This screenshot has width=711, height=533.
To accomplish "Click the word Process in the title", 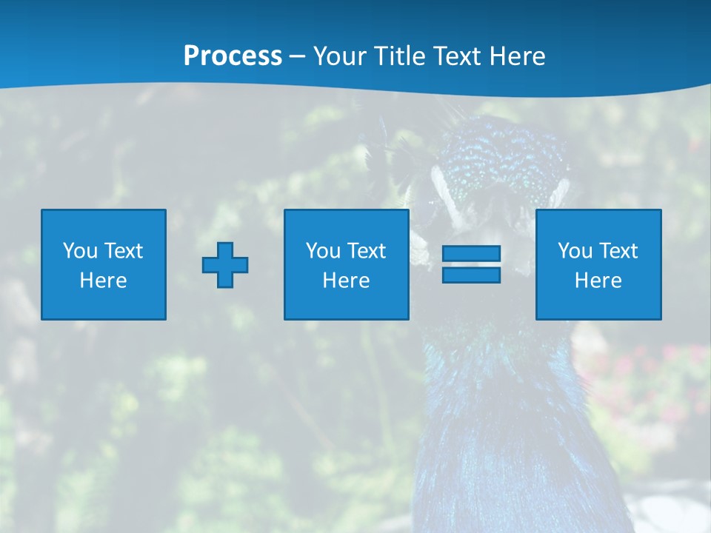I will click(x=233, y=56).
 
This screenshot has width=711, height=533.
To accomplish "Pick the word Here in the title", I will click(x=519, y=56).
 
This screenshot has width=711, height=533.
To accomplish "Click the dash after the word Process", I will click(x=298, y=57).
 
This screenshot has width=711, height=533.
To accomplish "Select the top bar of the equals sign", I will click(x=471, y=254).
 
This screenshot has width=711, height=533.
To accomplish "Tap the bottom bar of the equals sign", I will click(x=471, y=275).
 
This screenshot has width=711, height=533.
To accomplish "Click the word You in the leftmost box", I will click(x=80, y=251).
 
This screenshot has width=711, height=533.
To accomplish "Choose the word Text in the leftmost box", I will click(x=123, y=251).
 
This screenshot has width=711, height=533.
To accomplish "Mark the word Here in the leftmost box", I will click(x=103, y=281).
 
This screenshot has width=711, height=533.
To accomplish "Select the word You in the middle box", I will click(x=323, y=251).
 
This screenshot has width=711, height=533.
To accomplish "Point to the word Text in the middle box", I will click(x=366, y=251).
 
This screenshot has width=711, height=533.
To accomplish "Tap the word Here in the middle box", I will click(x=346, y=281).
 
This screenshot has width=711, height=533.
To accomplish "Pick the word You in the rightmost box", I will click(x=575, y=251).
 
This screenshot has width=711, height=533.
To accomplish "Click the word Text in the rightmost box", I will click(x=618, y=251).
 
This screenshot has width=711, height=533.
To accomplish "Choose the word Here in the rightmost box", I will click(x=598, y=281).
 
